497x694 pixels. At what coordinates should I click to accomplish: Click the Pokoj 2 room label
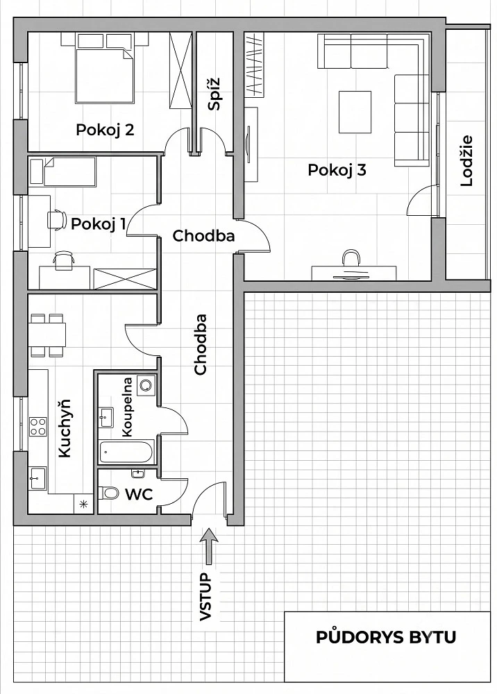[105, 130]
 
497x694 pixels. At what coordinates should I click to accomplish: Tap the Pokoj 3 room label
[337, 170]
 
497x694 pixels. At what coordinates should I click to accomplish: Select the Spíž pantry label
[214, 94]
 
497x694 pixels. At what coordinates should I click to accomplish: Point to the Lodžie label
[467, 161]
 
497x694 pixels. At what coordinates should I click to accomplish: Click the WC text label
[139, 494]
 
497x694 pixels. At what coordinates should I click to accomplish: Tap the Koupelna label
[127, 407]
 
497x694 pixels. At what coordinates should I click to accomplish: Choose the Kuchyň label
[65, 428]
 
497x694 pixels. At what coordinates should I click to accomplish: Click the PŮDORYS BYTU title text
[386, 637]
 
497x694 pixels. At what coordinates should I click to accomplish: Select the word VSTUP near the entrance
[206, 597]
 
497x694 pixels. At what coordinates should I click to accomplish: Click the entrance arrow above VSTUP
[209, 547]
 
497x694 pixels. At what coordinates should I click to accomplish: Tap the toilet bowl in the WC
[108, 493]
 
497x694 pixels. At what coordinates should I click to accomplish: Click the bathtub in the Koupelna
[126, 452]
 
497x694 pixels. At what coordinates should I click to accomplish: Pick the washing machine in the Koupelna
[146, 384]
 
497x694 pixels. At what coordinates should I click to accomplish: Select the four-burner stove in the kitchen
[38, 427]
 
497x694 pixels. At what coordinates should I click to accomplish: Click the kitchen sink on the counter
[37, 478]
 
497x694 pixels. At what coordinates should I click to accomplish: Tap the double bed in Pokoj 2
[105, 75]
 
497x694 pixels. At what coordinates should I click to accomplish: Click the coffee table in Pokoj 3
[355, 112]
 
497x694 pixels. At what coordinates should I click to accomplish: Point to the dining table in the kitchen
[47, 335]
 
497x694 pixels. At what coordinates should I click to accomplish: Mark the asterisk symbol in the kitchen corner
[83, 504]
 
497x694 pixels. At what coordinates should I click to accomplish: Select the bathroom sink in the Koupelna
[106, 417]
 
